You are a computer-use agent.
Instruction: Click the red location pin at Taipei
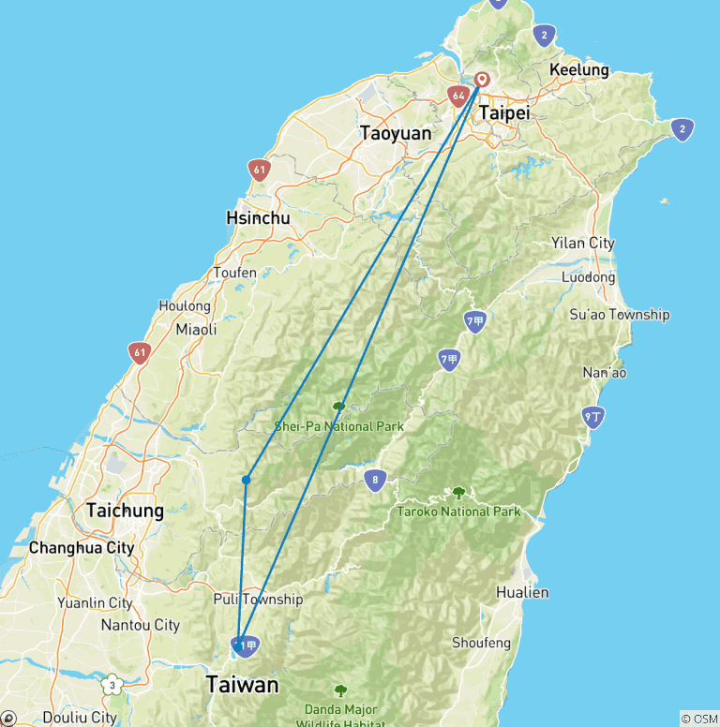coord(482,80)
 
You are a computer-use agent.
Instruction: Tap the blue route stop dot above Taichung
coord(246,480)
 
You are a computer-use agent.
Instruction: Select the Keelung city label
coord(578,70)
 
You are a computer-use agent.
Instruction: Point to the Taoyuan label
coord(396,133)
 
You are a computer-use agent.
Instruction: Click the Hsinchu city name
coord(258,218)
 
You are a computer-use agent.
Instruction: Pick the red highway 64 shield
coord(457,95)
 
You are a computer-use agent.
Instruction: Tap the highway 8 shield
coord(375,482)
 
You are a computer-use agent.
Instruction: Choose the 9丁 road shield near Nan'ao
coord(592,417)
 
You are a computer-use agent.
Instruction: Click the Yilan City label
coord(583,243)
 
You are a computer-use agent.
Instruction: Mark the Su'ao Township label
coord(620,314)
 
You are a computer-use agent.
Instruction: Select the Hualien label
coord(523,592)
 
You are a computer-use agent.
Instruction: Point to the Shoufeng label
coord(481,643)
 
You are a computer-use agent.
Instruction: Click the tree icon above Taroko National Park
coord(458,492)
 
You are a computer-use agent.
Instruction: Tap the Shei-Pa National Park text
coord(338,426)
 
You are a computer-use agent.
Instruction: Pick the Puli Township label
coord(258,600)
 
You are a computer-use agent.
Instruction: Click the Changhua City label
coord(82,547)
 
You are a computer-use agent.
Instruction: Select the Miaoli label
coord(196,329)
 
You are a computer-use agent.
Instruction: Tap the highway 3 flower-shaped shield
coord(112,685)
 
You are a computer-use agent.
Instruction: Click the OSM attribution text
coord(698,719)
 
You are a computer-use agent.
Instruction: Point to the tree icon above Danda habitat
coord(340,690)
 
